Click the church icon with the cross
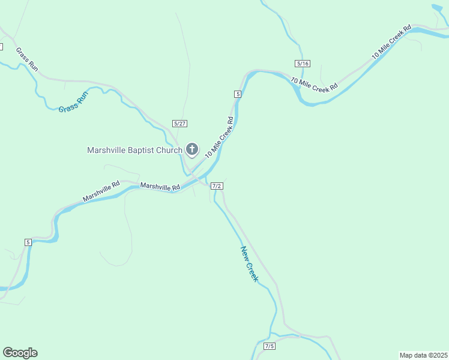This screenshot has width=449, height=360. [x=192, y=149]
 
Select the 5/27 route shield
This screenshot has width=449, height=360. [x=179, y=123]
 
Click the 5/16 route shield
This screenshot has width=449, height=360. [x=303, y=64]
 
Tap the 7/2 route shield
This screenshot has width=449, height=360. [x=217, y=186]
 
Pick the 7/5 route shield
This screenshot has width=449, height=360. [x=270, y=346]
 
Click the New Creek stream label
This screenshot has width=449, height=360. [x=249, y=264]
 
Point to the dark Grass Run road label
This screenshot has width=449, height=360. [x=27, y=60]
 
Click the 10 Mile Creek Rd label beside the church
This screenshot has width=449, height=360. [x=218, y=137]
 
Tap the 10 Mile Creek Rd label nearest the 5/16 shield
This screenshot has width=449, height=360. [x=315, y=85]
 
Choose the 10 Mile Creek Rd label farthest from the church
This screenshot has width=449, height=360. [x=391, y=41]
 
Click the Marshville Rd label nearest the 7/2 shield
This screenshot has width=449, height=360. [x=160, y=187]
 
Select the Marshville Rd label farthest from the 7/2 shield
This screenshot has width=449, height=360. [x=101, y=191]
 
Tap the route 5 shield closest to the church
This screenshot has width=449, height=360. [x=238, y=94]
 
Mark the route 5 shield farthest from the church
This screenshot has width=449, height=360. [x=28, y=242]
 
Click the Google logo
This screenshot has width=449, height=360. [x=20, y=353]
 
